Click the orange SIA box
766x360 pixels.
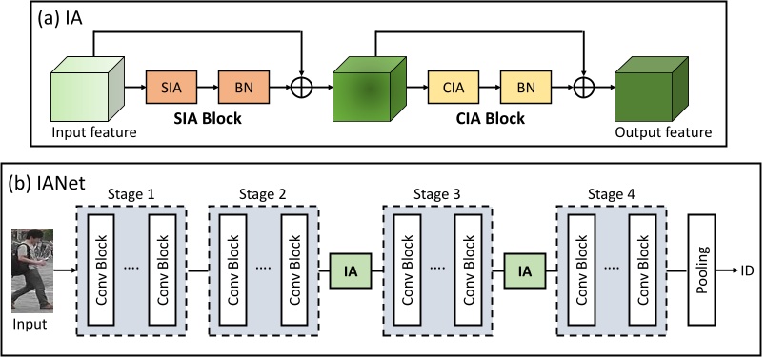[171, 87]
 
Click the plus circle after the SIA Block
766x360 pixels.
[302, 87]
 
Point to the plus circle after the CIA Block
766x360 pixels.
[583, 87]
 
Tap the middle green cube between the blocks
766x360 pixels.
[368, 88]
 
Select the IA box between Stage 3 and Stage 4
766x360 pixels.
[525, 270]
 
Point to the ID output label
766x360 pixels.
[749, 270]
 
